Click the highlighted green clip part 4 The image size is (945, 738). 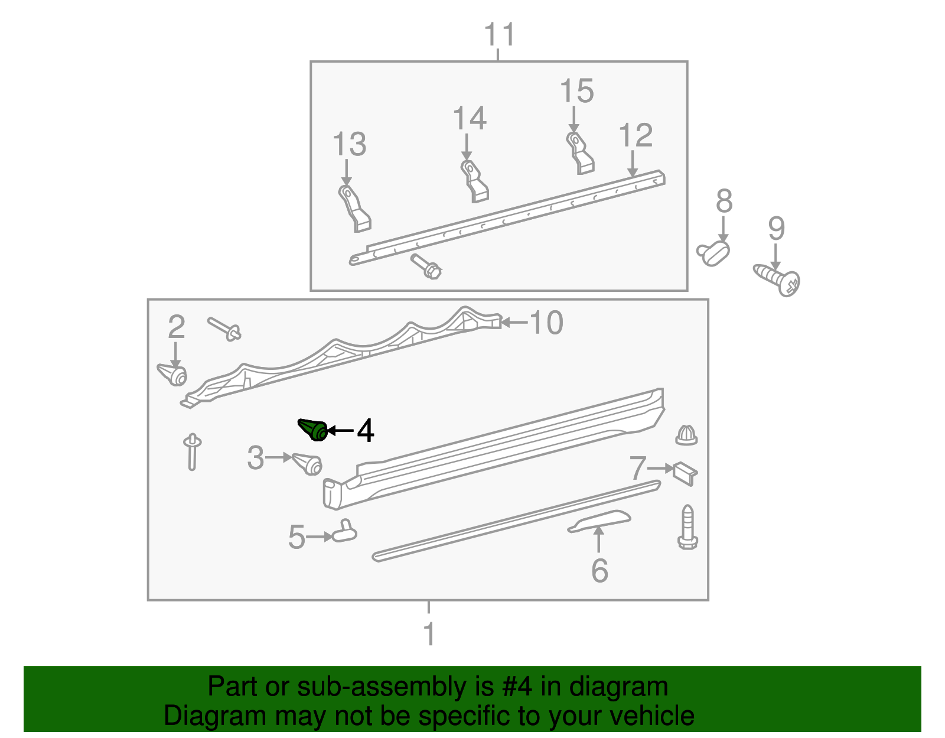pyautogui.click(x=314, y=430)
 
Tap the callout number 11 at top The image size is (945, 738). pyautogui.click(x=499, y=35)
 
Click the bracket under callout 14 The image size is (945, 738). pyautogui.click(x=474, y=181)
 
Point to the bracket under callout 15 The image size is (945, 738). pyautogui.click(x=580, y=153)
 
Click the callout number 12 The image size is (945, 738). pyautogui.click(x=636, y=136)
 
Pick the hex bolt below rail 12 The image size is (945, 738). pyautogui.click(x=426, y=266)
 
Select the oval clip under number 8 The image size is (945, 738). pyautogui.click(x=713, y=253)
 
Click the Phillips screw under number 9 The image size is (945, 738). pyautogui.click(x=777, y=279)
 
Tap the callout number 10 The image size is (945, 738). pyautogui.click(x=546, y=323)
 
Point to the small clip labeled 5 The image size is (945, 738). pyautogui.click(x=344, y=531)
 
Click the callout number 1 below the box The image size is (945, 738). pyautogui.click(x=429, y=635)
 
